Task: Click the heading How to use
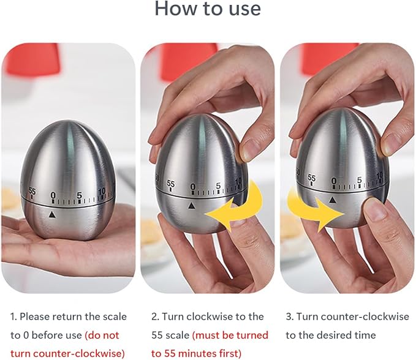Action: (208, 9)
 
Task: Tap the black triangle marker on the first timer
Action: (53, 215)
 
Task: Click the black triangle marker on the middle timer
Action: (191, 206)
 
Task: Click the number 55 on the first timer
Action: (32, 191)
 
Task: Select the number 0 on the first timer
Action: (53, 195)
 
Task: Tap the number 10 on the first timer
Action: (102, 191)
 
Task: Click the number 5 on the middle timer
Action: (218, 186)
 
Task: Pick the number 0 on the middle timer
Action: (193, 187)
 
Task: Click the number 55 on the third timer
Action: (312, 178)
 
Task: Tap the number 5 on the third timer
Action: (359, 180)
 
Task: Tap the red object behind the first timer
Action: (32, 59)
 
